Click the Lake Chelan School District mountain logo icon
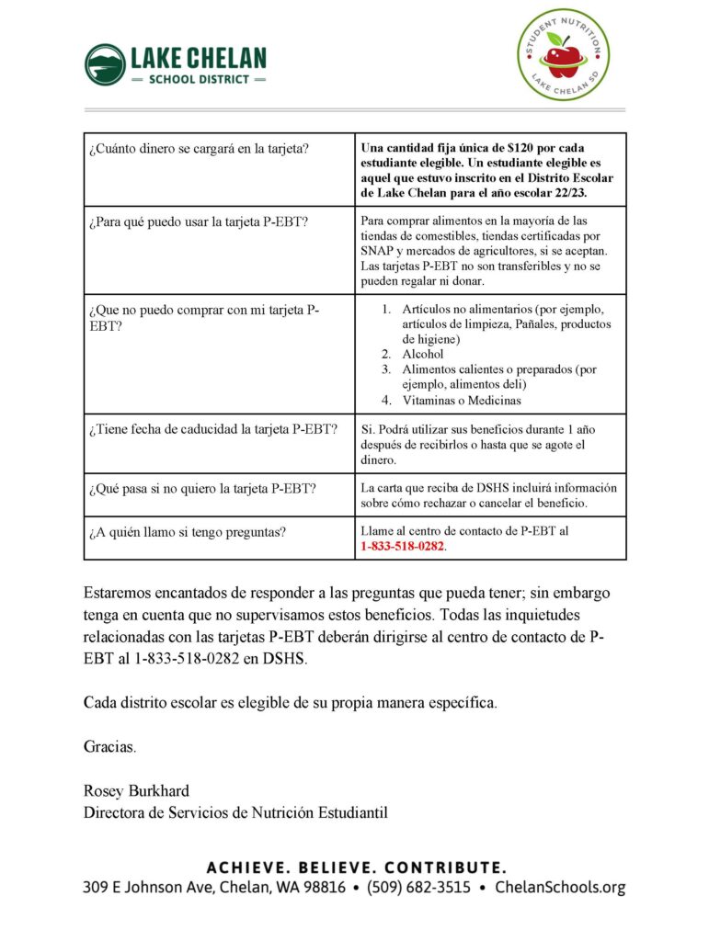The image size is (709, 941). click(105, 64)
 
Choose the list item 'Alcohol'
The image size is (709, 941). click(422, 354)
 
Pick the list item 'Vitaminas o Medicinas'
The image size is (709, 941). click(461, 401)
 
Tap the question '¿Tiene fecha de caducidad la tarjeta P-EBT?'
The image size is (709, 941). click(212, 429)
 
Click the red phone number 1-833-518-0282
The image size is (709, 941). click(403, 547)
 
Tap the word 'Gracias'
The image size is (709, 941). click(109, 746)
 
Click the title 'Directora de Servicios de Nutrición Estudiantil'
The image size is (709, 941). click(235, 812)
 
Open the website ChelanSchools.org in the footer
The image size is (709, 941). click(559, 888)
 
